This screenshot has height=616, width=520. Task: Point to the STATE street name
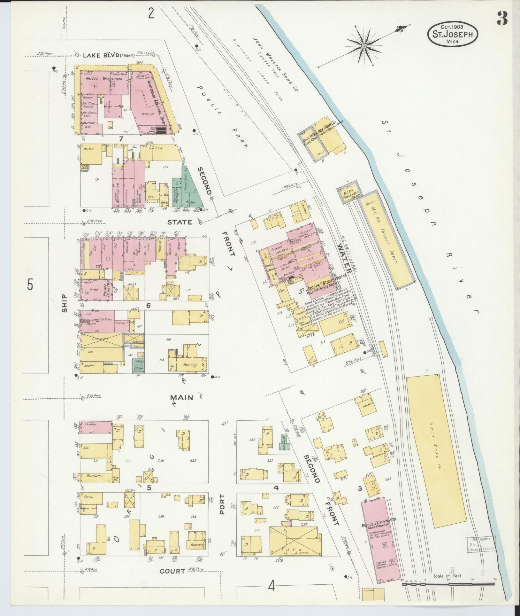181,222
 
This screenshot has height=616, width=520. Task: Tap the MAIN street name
181,397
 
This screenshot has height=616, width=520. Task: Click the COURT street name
172,571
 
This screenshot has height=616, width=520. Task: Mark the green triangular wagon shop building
192,189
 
